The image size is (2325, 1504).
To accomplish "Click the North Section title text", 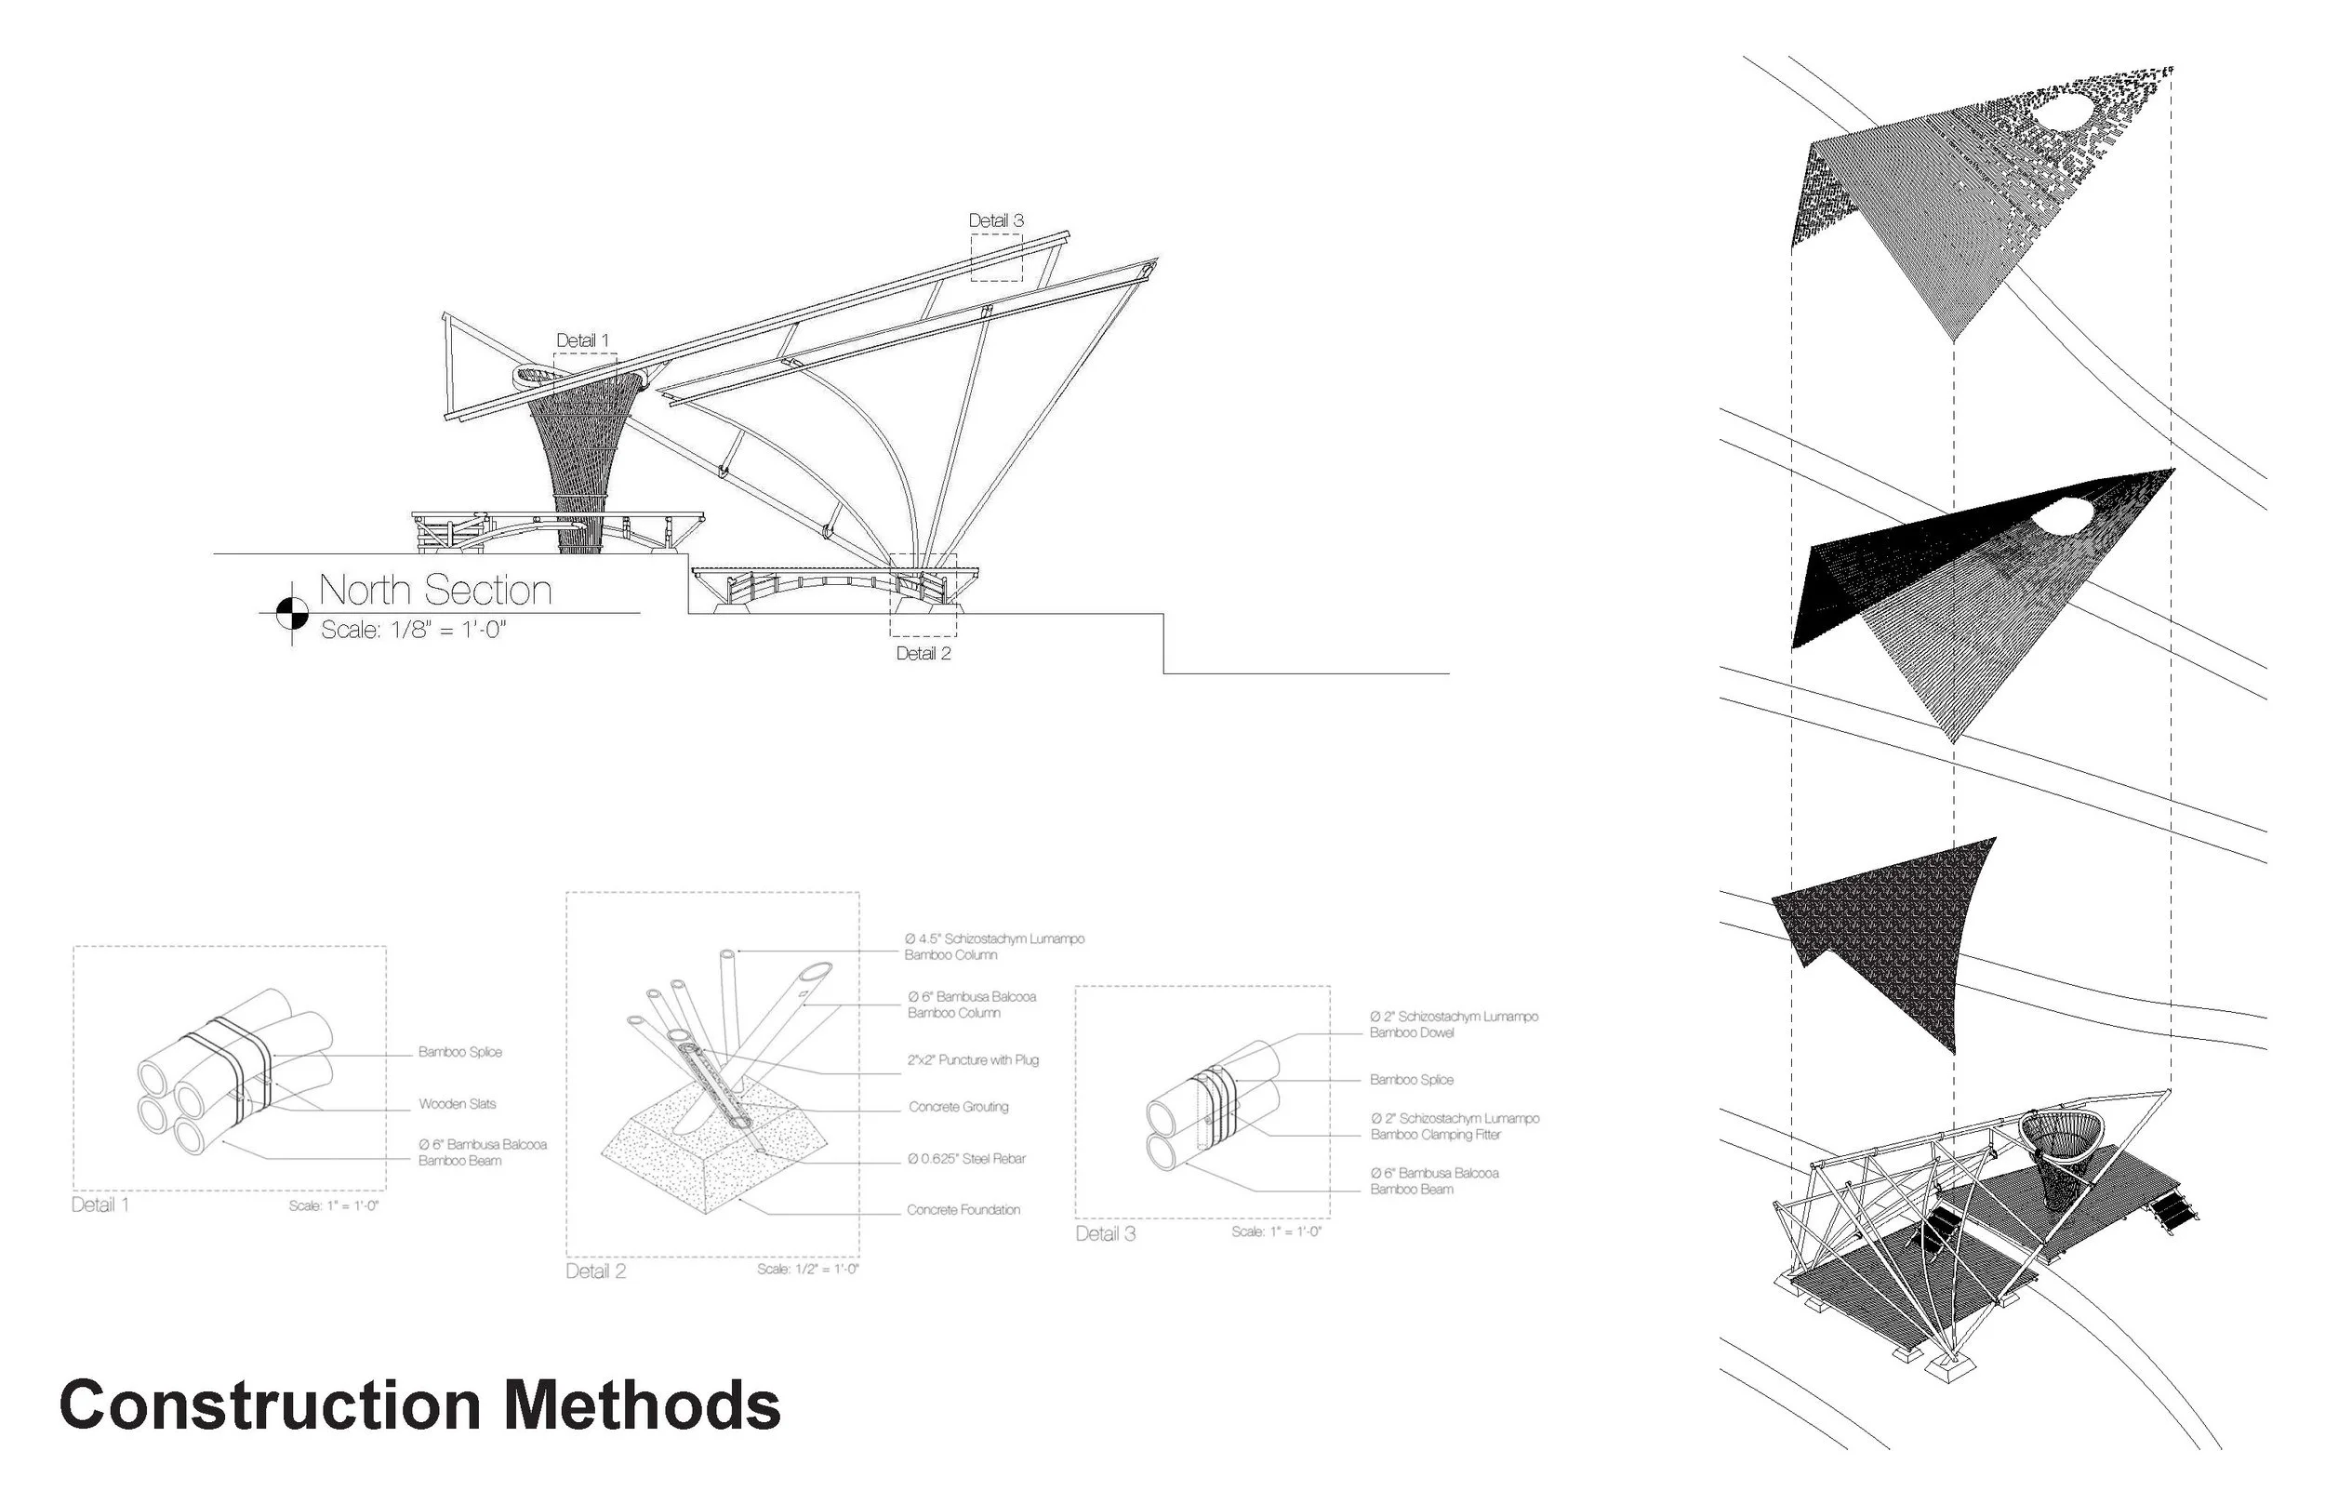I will pyautogui.click(x=434, y=590).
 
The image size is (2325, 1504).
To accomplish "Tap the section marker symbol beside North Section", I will pyautogui.click(x=291, y=613).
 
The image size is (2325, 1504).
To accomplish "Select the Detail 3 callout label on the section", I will pyautogui.click(x=996, y=220).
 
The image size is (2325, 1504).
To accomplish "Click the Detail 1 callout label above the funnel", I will pyautogui.click(x=582, y=339).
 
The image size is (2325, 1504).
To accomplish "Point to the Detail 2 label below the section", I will pyautogui.click(x=923, y=653).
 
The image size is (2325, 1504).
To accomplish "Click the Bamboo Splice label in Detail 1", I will pyautogui.click(x=460, y=1052).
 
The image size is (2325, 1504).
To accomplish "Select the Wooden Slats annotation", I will pyautogui.click(x=457, y=1103).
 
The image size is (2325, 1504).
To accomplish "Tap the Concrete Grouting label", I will pyautogui.click(x=958, y=1107).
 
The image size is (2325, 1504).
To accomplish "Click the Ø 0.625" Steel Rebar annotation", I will pyautogui.click(x=965, y=1158).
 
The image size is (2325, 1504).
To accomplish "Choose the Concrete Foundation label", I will pyautogui.click(x=963, y=1209).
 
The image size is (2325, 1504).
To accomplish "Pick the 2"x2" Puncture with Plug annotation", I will pyautogui.click(x=973, y=1059).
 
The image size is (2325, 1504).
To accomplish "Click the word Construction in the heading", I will pyautogui.click(x=270, y=1406).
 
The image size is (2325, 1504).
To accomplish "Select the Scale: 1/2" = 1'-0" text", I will pyautogui.click(x=807, y=1269).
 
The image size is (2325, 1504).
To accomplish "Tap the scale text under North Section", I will pyautogui.click(x=413, y=630).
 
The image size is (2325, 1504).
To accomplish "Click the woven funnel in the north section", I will pyautogui.click(x=583, y=449).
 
